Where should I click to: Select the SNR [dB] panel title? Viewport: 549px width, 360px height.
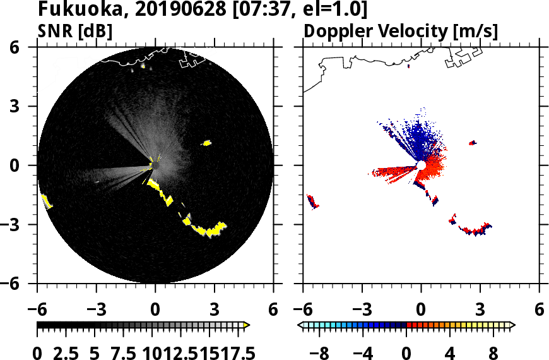75,30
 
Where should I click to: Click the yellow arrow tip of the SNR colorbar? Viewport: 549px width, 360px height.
247,325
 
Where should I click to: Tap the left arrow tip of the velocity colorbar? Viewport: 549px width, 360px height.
300,325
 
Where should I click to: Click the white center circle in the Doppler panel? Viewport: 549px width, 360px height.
421,165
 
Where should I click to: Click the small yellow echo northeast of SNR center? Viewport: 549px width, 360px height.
206,143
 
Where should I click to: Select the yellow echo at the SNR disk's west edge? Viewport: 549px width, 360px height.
46,201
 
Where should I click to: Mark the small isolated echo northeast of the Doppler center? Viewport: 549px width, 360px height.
473,143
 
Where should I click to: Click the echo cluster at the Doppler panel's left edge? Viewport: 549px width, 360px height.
313,202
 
